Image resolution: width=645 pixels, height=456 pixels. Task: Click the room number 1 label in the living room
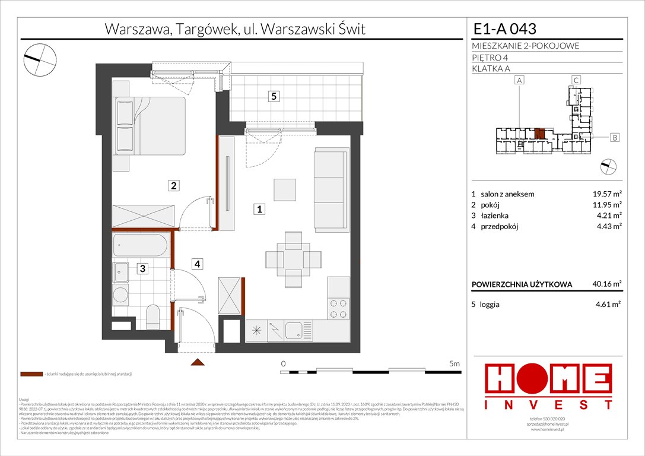point(259,208)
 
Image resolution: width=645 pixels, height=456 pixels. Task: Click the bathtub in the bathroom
point(141,245)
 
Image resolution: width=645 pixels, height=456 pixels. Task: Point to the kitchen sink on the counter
point(294,330)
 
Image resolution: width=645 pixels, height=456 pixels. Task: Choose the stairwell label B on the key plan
point(615,138)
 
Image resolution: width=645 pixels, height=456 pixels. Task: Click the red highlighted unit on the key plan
point(539,134)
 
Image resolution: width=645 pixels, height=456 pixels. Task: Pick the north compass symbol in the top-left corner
point(40,58)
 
